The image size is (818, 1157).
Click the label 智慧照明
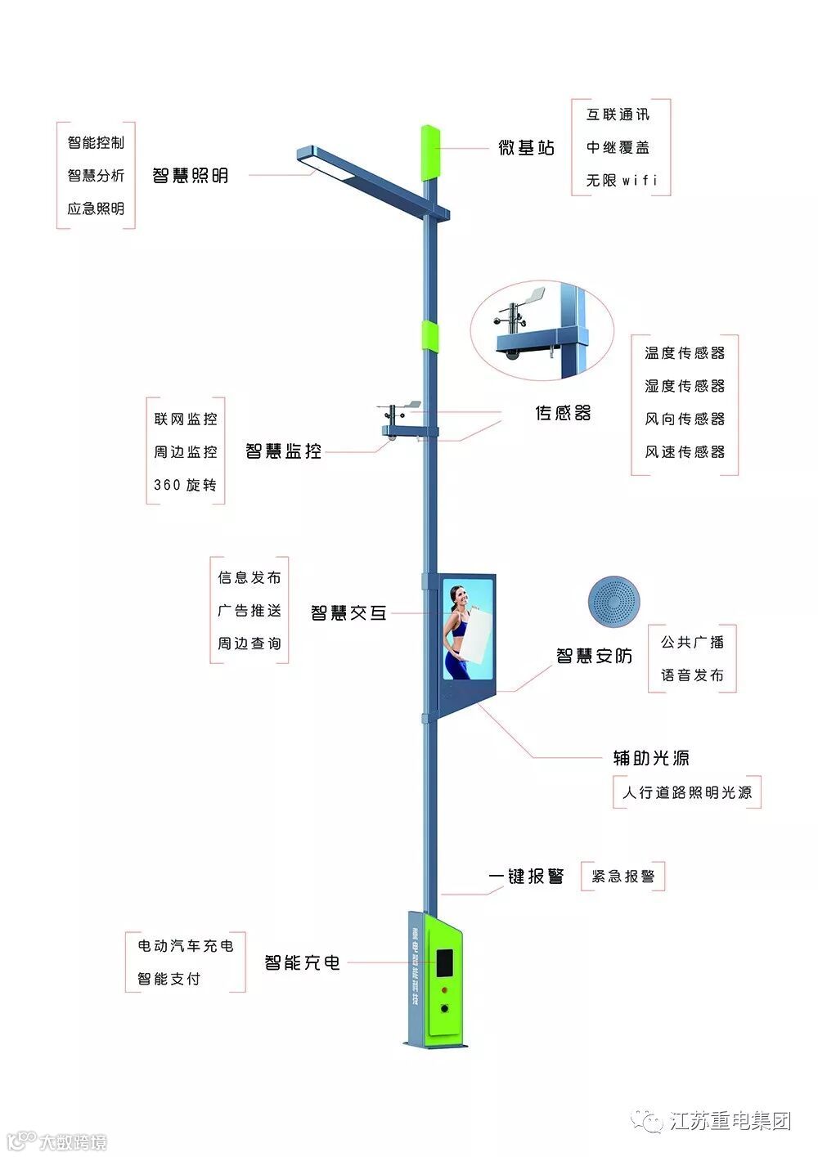(190, 175)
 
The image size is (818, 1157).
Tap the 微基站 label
(527, 147)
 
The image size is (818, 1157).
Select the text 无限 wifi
(621, 180)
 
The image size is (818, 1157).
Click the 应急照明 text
(96, 209)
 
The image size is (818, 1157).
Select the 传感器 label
(563, 413)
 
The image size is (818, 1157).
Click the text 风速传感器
(685, 451)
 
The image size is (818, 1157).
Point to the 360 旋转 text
(185, 485)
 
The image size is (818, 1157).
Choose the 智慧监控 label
(283, 451)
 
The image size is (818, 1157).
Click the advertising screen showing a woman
(469, 628)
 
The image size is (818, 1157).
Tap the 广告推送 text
(249, 611)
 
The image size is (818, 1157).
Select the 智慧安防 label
(594, 656)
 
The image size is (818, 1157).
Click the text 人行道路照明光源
(686, 792)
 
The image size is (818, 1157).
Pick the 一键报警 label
(526, 877)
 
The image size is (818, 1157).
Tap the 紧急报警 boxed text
(622, 877)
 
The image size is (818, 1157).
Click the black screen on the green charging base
(444, 963)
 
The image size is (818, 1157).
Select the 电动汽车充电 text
(185, 945)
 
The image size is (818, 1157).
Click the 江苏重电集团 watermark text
(730, 1121)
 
